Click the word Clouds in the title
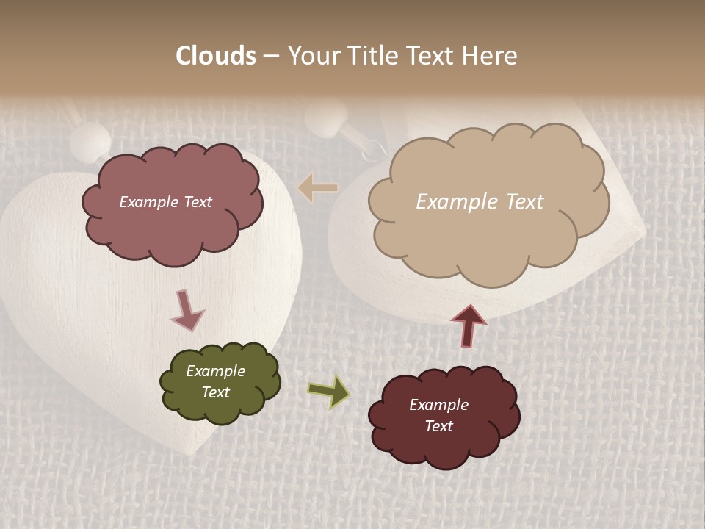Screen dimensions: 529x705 coord(216,56)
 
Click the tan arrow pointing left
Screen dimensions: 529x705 coord(318,189)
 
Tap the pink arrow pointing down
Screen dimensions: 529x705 coord(187,309)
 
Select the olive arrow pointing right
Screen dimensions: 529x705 coord(329,391)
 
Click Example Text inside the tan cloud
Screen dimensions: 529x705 coord(480,202)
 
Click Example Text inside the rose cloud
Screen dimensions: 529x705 coord(165,202)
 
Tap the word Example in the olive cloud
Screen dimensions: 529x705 coord(215,371)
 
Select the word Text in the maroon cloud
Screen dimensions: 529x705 coord(438,426)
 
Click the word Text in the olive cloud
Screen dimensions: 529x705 coord(215,392)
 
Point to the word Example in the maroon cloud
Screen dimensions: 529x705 coord(438,405)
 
